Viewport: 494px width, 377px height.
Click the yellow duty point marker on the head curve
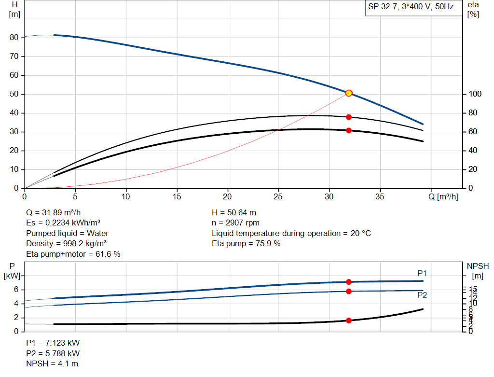349,93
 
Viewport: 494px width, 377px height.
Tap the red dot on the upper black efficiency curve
349,117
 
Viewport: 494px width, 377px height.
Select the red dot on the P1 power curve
349,282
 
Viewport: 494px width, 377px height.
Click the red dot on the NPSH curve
349,321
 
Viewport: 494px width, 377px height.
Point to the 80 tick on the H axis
14,38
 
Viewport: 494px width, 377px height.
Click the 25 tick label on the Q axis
278,196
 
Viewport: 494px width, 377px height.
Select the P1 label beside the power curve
422,274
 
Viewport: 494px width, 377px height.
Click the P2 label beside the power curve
422,295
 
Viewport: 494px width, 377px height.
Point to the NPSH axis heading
478,266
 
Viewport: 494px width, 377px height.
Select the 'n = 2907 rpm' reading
236,223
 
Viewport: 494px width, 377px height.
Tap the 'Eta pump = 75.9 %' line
246,244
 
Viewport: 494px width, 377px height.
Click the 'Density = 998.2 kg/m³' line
66,244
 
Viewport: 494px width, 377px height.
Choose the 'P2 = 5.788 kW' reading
53,353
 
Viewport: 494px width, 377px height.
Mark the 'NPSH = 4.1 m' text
52,363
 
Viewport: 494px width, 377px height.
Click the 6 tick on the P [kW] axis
16,290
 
